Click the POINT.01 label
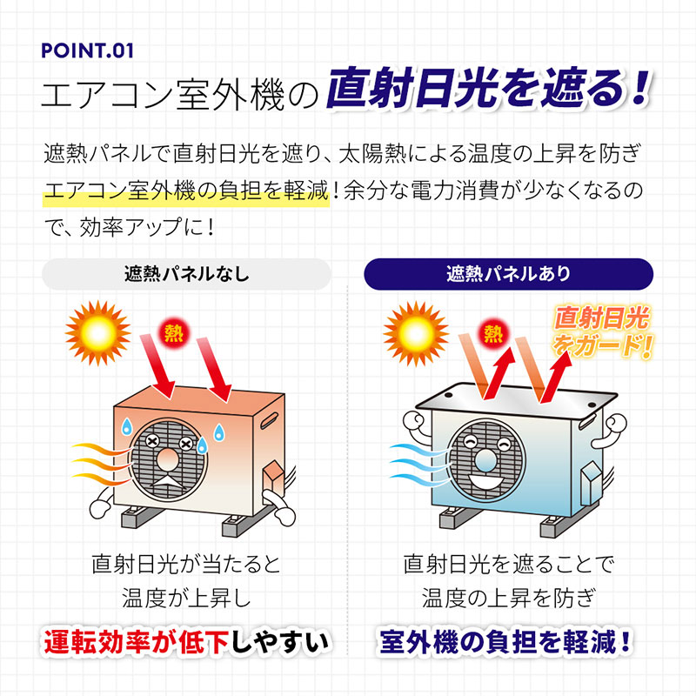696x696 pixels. coord(87,50)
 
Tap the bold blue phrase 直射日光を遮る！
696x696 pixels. coord(488,89)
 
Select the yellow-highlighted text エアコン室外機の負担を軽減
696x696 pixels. coord(186,191)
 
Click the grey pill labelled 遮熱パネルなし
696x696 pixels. coord(186,274)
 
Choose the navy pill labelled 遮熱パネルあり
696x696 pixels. coord(509,274)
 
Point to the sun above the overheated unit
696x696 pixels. coord(98,332)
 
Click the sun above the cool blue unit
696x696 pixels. coord(416,333)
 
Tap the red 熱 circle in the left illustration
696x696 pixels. coord(173,333)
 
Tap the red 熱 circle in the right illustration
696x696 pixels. coord(493,333)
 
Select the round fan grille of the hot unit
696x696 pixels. coord(168,459)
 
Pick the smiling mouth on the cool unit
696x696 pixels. coord(487,482)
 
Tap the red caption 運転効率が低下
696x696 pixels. coord(137,642)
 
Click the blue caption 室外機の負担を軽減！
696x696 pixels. coord(505,642)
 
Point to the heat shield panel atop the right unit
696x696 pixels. coord(516,402)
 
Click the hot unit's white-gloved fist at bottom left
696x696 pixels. coord(101,508)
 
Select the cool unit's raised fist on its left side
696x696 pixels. coord(415,423)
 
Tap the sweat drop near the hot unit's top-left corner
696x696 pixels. coord(127,426)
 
